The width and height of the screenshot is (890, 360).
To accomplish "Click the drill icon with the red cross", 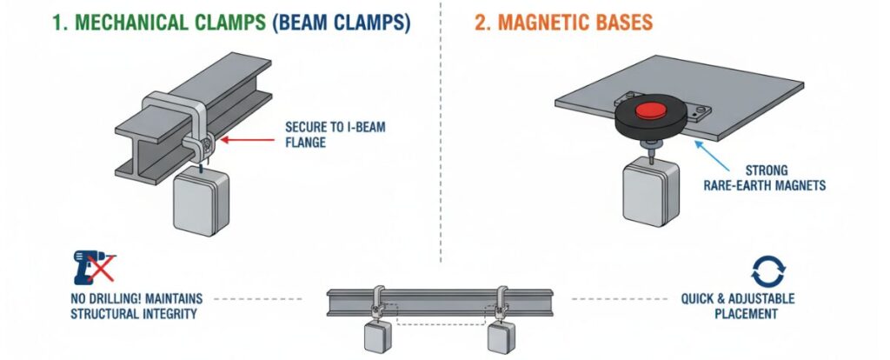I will coord(91,270).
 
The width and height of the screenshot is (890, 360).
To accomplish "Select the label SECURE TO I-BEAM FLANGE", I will coord(335,135).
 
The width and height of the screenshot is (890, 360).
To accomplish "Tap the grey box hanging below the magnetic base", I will coord(644,192).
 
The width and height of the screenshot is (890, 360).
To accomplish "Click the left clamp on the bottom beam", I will coord(379,301).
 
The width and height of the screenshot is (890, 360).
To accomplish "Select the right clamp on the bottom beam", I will coord(502,301).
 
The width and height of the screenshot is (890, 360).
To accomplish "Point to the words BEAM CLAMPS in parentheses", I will coord(342,23).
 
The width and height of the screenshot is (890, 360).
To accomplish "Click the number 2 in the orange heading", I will coord(479,23).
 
